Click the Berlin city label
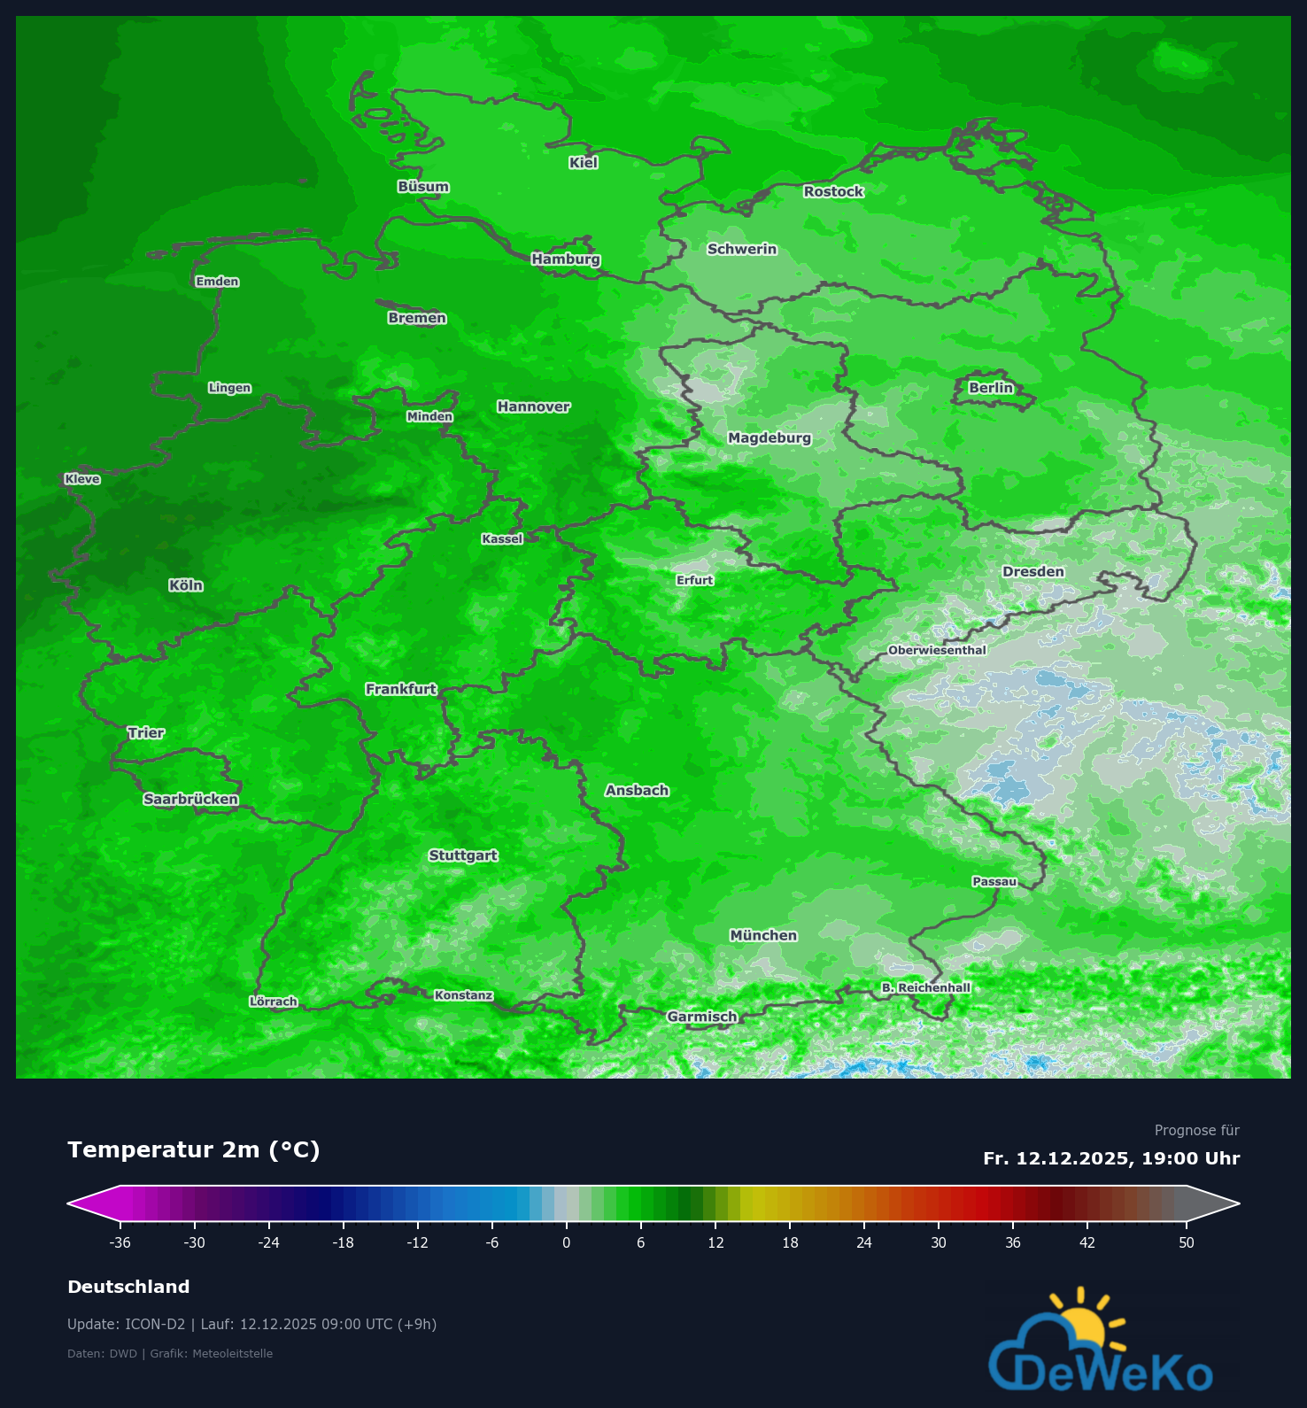(991, 388)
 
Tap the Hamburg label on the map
(566, 259)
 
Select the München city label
(763, 935)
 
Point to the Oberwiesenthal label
(937, 650)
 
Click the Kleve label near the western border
(82, 479)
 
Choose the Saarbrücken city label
(190, 799)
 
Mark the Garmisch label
(702, 1017)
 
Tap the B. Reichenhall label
(926, 987)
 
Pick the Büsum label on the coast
(423, 187)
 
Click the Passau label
(994, 881)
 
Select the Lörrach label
(274, 1002)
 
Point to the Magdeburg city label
(770, 437)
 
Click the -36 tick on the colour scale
(120, 1242)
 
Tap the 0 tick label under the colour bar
(567, 1242)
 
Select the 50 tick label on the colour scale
(1187, 1242)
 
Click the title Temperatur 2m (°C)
(194, 1149)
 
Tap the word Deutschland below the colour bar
(128, 1287)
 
